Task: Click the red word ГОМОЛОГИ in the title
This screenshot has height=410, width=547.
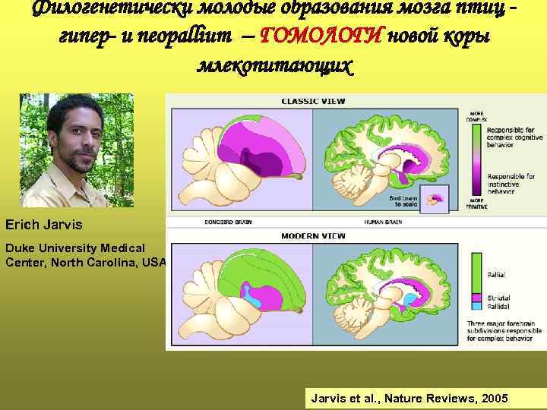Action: (x=322, y=35)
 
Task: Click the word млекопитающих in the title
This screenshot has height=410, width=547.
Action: (x=275, y=64)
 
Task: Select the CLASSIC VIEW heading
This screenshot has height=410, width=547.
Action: (x=311, y=101)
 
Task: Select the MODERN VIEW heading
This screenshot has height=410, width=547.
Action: (x=311, y=236)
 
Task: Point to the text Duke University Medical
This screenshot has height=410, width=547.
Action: (x=75, y=248)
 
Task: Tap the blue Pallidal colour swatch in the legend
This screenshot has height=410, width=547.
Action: (x=477, y=306)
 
